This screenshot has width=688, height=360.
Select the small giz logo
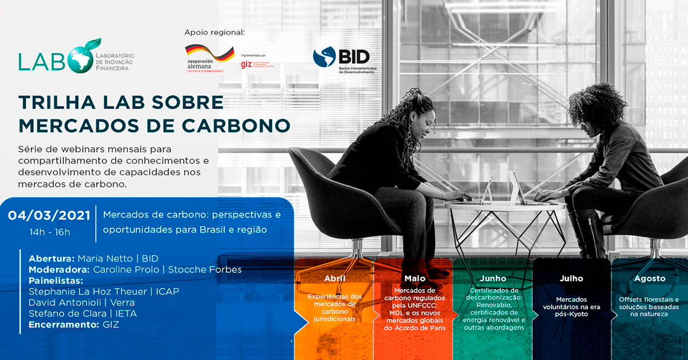click(247, 64)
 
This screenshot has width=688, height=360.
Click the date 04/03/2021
click(49, 216)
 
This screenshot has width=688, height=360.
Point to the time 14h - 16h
click(50, 232)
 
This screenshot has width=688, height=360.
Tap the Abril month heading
click(335, 279)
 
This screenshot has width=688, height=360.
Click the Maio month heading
click(415, 279)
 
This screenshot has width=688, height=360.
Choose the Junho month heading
click(492, 279)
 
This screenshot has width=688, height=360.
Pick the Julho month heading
click(571, 279)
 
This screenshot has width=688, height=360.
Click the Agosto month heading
click(650, 279)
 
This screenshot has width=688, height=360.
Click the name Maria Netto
click(103, 259)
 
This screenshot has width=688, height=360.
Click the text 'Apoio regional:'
click(214, 32)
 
